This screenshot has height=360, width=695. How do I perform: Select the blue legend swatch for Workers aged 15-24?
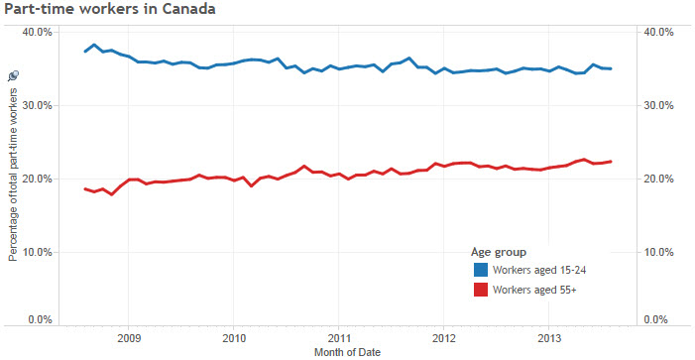pos(481,270)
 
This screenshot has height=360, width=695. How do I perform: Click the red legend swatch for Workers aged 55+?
pos(481,290)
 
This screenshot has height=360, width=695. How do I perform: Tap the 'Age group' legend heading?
pos(498,251)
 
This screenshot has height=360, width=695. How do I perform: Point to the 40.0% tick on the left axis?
pos(37,32)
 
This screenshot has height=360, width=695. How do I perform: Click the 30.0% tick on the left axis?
pos(37,105)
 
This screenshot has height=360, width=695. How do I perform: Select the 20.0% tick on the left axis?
pos(37,179)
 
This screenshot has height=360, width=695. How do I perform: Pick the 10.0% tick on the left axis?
pos(37,252)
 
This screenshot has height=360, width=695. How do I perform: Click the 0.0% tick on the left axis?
pos(39,319)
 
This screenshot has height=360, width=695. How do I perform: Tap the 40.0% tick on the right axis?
pos(659,32)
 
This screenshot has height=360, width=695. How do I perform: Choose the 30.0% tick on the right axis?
pos(659,105)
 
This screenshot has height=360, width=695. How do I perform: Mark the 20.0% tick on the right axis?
pos(659,179)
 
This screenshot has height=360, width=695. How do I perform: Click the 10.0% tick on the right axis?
pos(659,252)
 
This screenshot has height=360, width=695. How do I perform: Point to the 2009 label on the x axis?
pos(128,338)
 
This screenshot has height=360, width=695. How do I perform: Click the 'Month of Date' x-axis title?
pos(347,352)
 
